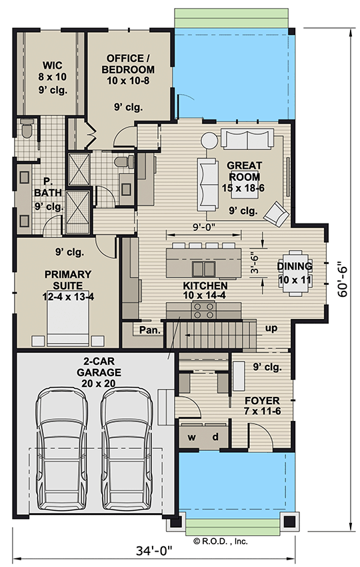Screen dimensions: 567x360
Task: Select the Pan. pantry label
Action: tap(148, 330)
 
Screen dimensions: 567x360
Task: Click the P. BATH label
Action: tap(48, 193)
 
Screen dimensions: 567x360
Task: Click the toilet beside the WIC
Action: tap(26, 128)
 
